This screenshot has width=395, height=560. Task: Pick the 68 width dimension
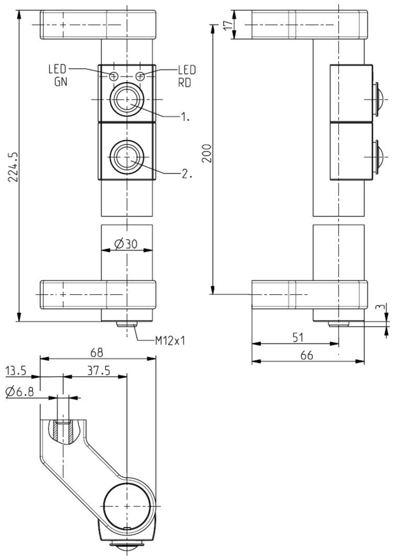click(x=97, y=352)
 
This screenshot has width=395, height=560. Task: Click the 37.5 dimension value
click(x=95, y=371)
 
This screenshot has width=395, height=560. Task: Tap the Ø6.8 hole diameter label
click(x=19, y=392)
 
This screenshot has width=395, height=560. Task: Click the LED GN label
click(x=57, y=75)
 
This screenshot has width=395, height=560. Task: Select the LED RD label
click(x=186, y=75)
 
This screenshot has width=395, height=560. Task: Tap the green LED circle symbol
click(x=114, y=76)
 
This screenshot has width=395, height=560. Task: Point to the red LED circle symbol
click(x=141, y=76)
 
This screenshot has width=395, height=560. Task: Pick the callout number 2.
click(x=186, y=174)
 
